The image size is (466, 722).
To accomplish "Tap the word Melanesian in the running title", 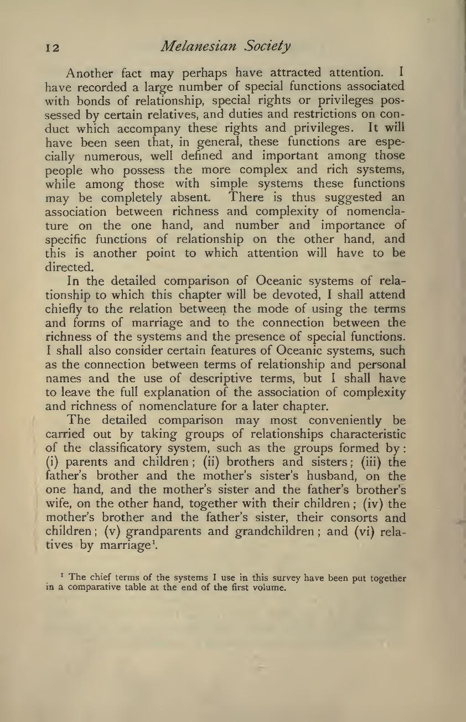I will tap(188, 46).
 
